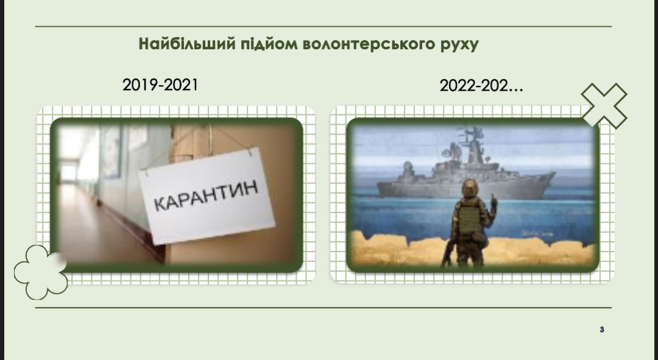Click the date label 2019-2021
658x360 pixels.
point(160,85)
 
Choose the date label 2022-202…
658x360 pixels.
point(481,86)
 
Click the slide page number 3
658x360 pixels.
point(602,330)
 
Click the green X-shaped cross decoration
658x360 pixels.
point(604,106)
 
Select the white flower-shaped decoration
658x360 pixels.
point(41,272)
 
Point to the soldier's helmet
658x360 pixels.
point(470,188)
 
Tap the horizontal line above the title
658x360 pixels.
point(323,26)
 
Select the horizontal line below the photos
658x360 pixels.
point(323,308)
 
